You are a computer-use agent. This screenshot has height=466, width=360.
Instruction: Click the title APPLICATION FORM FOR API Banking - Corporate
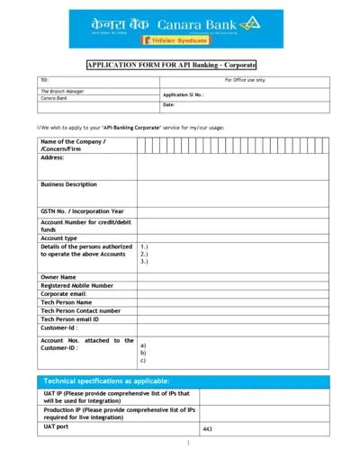[171, 65]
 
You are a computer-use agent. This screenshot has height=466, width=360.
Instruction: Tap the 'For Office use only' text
[245, 80]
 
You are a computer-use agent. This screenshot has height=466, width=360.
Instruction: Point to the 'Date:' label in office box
[168, 105]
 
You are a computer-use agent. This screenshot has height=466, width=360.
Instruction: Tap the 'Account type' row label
[60, 237]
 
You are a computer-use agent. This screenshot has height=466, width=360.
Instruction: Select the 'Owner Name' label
[58, 277]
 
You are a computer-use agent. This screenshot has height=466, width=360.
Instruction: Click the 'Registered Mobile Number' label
[76, 285]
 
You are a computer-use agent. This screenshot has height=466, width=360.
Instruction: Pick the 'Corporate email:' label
[64, 294]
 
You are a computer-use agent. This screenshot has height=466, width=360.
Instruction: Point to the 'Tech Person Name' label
[67, 302]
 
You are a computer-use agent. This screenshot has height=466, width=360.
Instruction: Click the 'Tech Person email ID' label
[70, 319]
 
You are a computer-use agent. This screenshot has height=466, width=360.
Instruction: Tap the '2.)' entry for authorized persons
[144, 254]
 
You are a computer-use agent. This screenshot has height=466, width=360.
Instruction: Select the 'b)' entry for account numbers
[142, 353]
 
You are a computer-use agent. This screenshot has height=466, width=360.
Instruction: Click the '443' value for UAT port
[207, 430]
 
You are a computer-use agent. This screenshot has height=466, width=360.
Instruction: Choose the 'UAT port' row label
[57, 426]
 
